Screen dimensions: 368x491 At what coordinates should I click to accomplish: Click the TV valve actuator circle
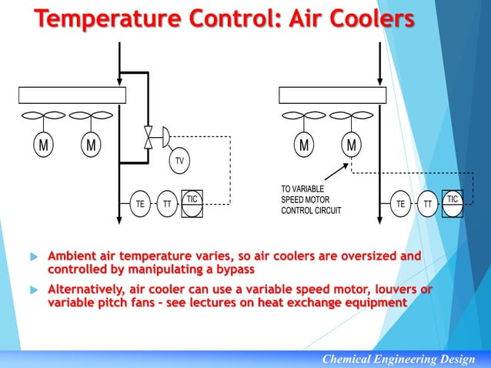point(179,160)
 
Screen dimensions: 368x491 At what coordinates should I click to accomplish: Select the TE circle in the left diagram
point(140,204)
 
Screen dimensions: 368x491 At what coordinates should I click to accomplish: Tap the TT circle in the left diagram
point(166,204)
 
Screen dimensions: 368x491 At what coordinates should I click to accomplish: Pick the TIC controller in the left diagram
point(192,202)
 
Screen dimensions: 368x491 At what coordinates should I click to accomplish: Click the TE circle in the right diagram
point(400,204)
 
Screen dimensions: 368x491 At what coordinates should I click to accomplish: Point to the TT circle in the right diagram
point(426,204)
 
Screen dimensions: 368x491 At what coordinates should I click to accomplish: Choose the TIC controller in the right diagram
point(452,202)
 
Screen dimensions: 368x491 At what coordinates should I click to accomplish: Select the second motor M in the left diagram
point(91,146)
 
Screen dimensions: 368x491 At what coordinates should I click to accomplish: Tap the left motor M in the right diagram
point(304,146)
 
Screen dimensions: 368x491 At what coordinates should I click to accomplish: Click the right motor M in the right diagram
point(351,146)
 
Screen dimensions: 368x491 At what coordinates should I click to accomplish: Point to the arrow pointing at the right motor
point(333,171)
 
